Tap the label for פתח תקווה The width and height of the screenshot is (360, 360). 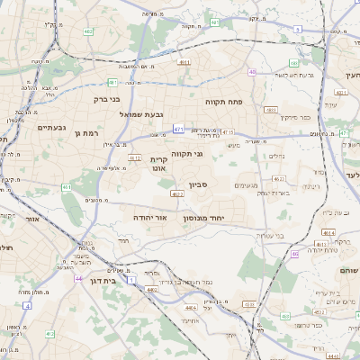220,102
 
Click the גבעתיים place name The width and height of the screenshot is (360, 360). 52,128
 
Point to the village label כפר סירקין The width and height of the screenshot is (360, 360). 294,117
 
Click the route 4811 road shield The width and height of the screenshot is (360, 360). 184,62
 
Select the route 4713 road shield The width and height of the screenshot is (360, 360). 229,132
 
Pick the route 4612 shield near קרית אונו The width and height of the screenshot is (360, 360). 135,157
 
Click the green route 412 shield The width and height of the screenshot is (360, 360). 50,334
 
